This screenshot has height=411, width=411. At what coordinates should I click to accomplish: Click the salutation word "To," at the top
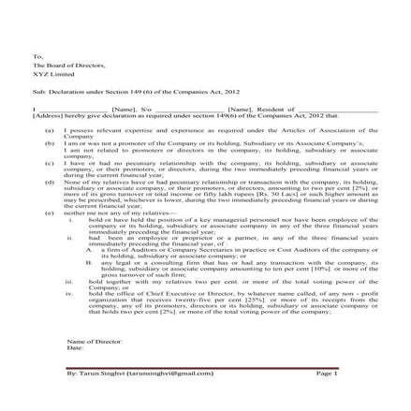coord(37,56)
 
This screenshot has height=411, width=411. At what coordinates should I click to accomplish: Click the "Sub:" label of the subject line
coord(37,94)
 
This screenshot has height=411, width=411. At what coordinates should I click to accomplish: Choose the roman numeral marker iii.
coord(68,281)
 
